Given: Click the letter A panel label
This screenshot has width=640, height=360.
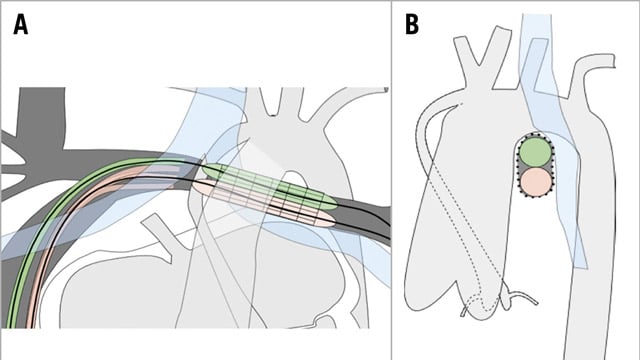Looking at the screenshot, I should coord(21,25).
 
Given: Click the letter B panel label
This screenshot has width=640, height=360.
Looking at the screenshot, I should coord(412,25).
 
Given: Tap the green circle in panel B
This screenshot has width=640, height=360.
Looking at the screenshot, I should coord(536,152).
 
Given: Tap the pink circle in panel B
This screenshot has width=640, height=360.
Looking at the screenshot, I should coord(536,181).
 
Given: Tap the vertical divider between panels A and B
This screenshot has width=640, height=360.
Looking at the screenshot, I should coord(391,180).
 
